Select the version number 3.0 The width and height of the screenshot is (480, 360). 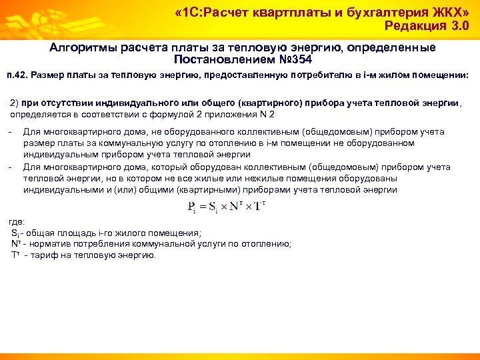[457, 27]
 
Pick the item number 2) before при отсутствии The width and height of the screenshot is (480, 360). [15, 103]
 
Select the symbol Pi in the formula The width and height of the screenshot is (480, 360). [192, 206]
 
